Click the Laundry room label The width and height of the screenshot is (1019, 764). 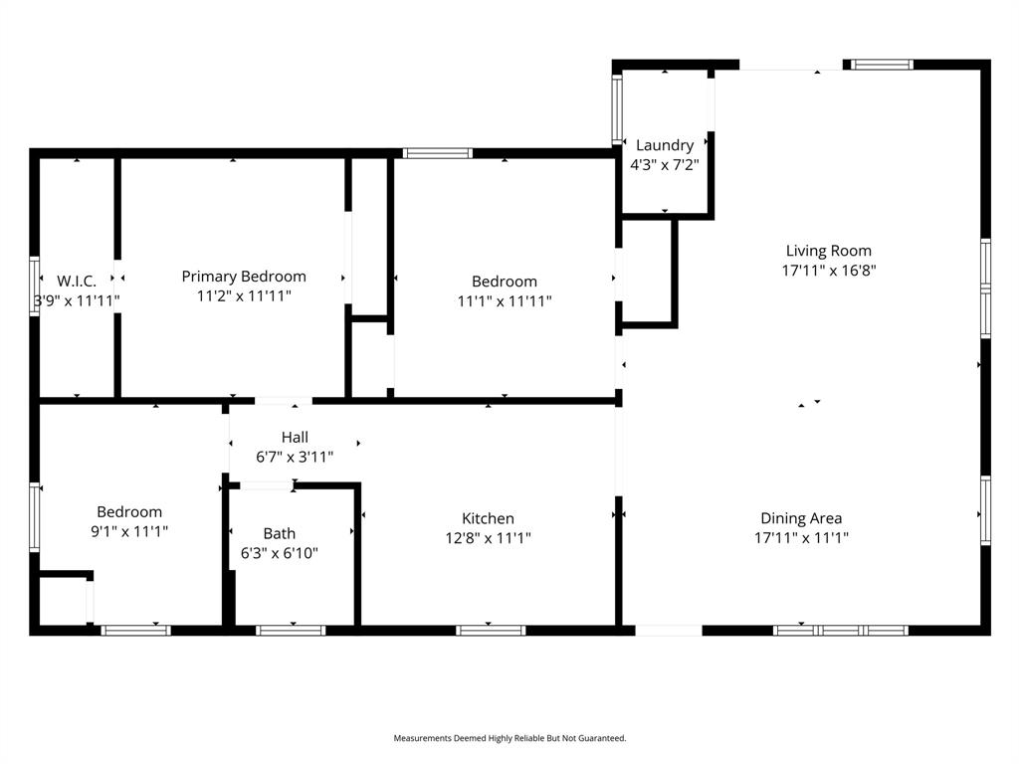665,145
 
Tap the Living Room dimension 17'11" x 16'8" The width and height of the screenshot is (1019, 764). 829,270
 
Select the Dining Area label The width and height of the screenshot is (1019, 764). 801,518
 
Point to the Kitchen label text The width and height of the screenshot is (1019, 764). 488,518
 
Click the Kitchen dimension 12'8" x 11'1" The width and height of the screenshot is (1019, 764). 488,538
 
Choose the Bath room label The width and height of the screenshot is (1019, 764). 279,534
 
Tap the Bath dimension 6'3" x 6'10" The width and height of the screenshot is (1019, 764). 279,553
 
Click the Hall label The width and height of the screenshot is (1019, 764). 295,437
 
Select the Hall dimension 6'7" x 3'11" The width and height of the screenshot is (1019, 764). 295,457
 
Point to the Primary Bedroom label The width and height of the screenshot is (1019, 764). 244,277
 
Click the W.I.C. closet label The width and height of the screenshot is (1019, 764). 77,282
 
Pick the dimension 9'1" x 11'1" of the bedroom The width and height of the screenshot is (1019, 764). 129,531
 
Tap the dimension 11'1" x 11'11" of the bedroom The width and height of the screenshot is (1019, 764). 505,300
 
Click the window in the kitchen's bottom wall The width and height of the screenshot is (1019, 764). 491,630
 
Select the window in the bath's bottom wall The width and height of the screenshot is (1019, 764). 291,630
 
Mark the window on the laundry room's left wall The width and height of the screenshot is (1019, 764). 617,109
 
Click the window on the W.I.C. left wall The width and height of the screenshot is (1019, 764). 35,286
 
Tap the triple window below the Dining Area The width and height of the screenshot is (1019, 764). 841,630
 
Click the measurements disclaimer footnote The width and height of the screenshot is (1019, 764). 509,738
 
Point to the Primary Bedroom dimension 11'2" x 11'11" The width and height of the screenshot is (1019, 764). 244,296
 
